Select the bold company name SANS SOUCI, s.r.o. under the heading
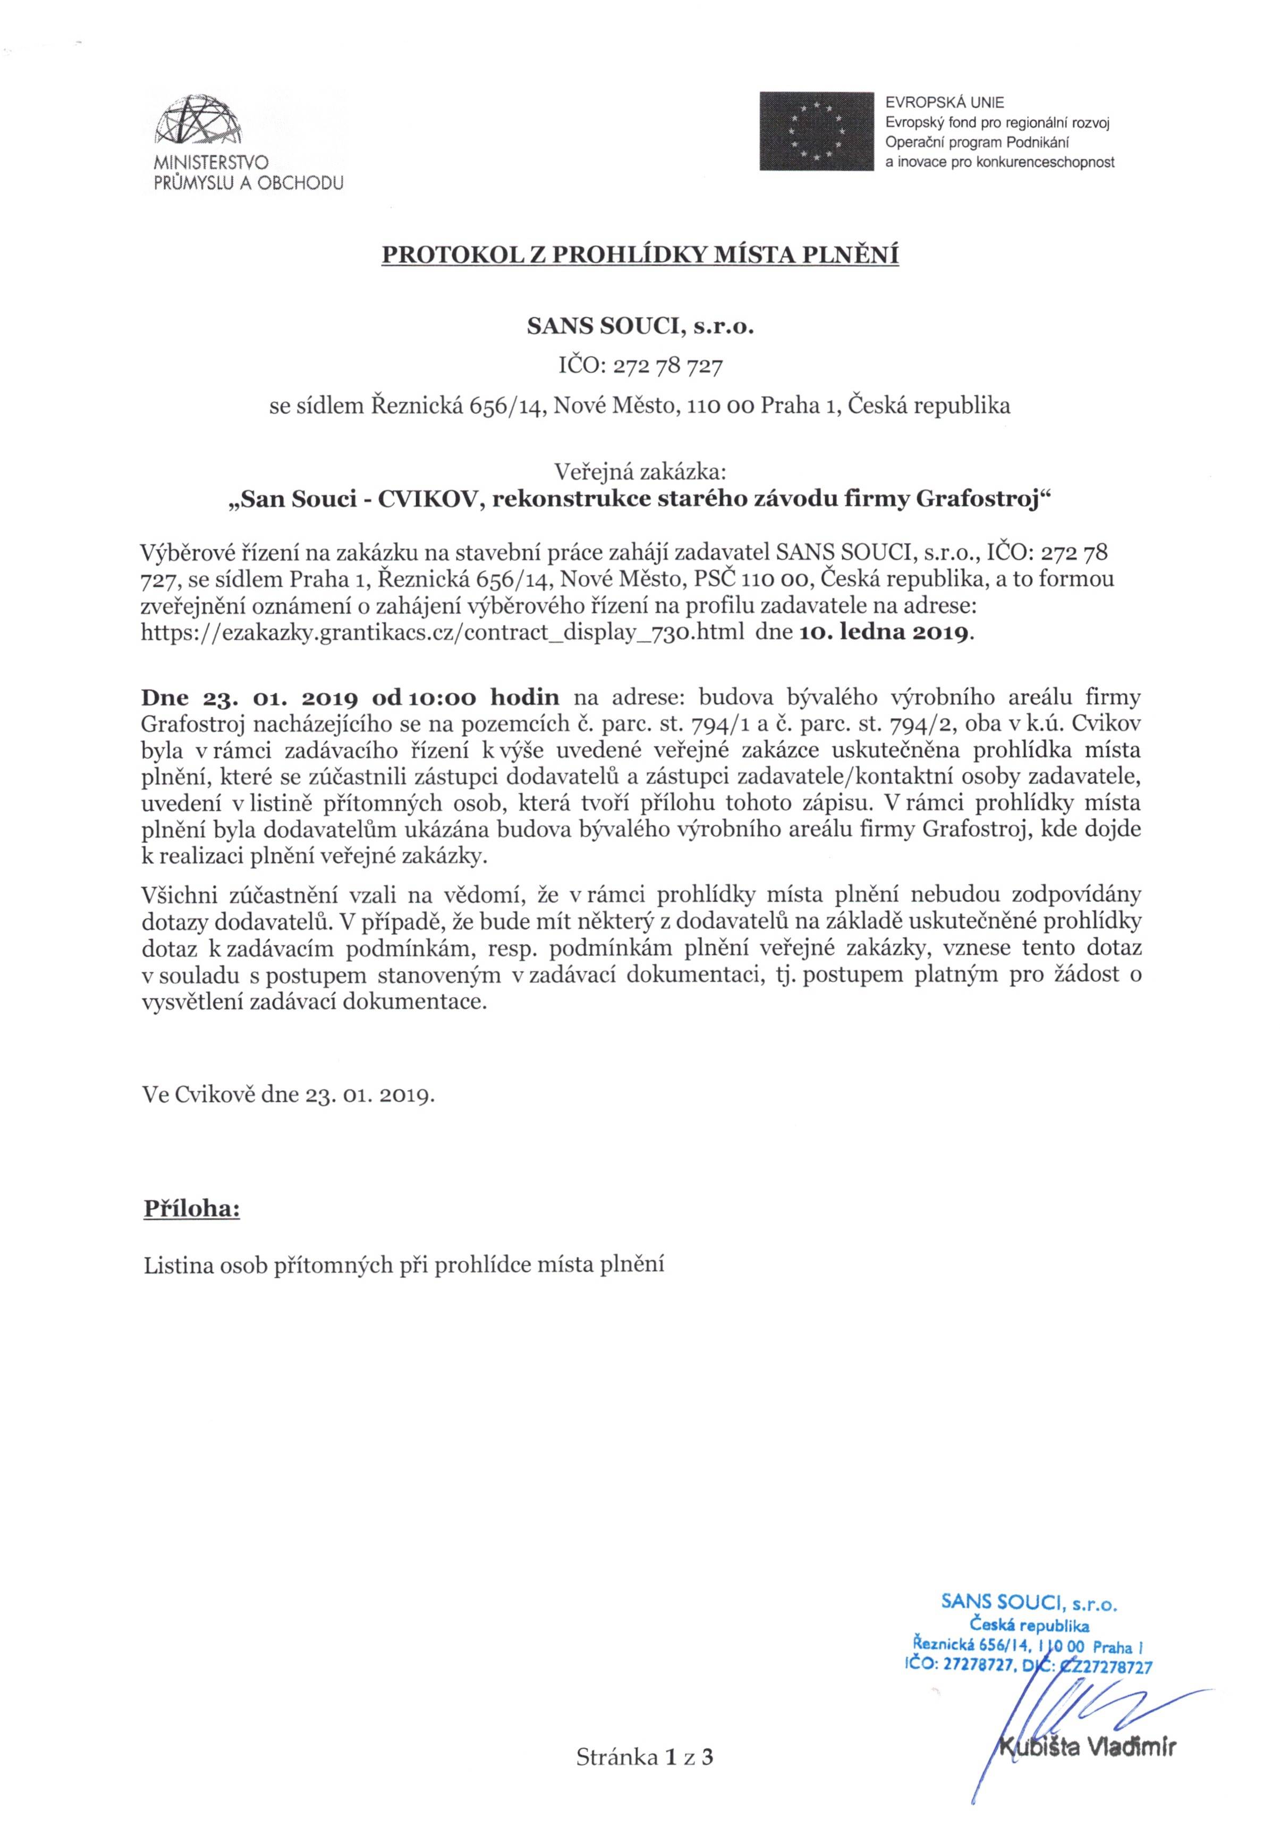(x=640, y=327)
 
